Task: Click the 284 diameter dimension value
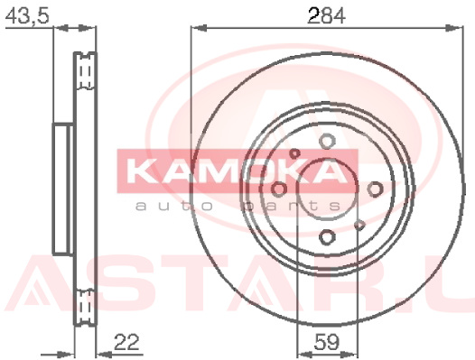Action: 326,15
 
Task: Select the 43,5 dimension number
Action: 28,15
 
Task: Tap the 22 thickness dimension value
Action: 126,342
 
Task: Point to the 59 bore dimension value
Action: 327,342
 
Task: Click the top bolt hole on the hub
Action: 327,141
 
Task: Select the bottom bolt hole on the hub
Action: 327,236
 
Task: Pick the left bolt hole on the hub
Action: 279,189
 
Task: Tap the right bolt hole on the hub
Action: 375,189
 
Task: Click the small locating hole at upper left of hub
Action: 293,153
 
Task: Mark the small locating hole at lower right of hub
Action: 360,225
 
